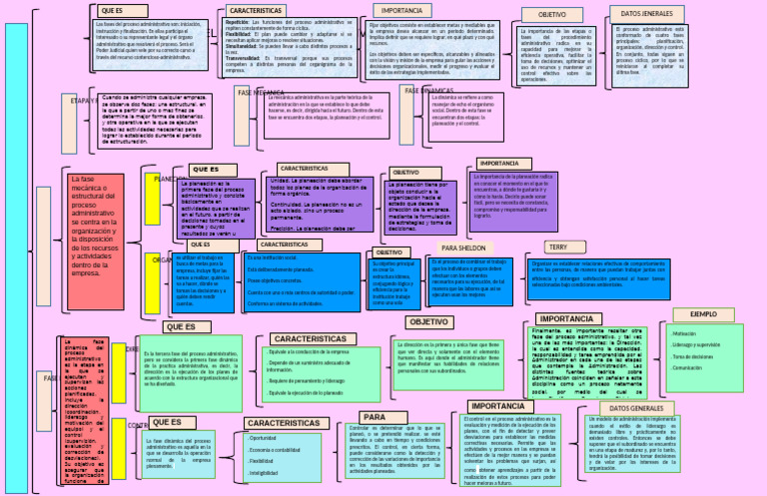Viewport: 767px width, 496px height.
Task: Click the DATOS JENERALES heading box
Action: (646, 13)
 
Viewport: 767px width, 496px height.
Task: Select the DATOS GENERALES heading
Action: (635, 409)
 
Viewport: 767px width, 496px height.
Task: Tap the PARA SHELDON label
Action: (462, 247)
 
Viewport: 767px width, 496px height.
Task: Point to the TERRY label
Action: (557, 247)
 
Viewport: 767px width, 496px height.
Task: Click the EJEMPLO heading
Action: (703, 313)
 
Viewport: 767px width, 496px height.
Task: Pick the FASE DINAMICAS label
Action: (430, 91)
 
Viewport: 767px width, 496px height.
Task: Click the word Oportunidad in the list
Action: (263, 437)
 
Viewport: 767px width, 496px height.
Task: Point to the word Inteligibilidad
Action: (265, 472)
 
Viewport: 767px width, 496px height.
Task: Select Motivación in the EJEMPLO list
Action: (685, 333)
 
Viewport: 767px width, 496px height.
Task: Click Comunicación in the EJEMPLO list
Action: (690, 368)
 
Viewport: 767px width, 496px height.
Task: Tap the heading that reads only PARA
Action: (373, 417)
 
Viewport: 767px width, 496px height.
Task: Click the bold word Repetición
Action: (237, 20)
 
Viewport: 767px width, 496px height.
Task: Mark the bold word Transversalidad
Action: (243, 58)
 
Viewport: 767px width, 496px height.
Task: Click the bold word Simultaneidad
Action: (242, 45)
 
